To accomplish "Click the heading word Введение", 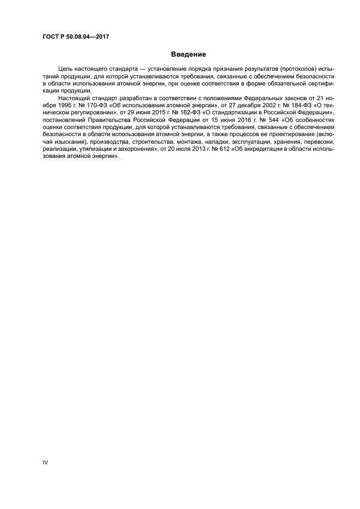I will point(188,54).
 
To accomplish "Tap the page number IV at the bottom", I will point(45,462).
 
